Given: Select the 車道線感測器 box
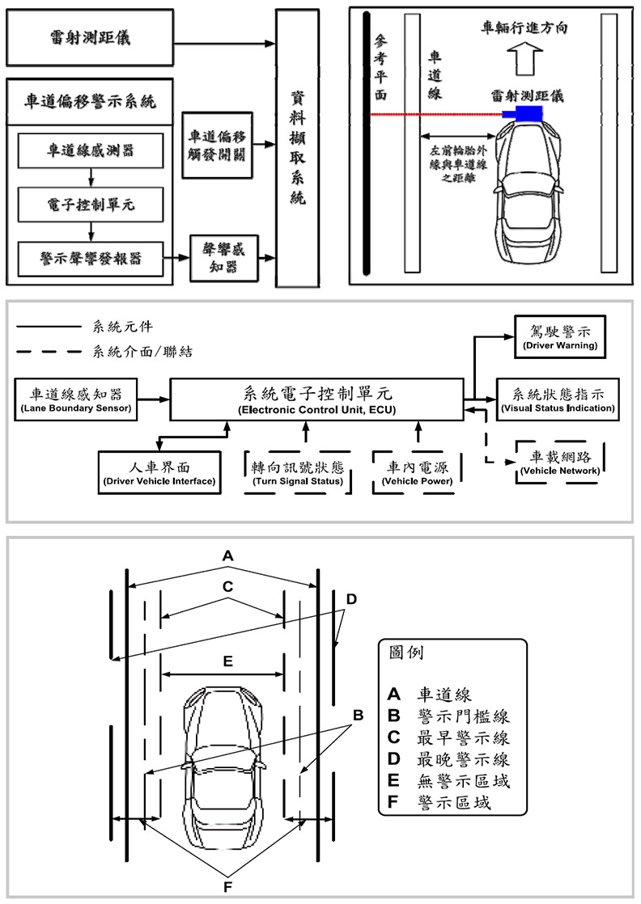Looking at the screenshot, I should coord(90,152).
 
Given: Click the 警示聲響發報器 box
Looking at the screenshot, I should coord(90,256).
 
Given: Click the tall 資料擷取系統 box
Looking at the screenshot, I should coord(297,148).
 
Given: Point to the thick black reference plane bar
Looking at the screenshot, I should coord(367,146).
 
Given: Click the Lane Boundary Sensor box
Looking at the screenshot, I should coord(76,400).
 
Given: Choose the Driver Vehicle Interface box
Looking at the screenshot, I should coord(159,473).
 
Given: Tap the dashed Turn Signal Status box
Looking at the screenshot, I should coord(298,473).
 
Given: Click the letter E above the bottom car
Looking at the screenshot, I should coord(228,661).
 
